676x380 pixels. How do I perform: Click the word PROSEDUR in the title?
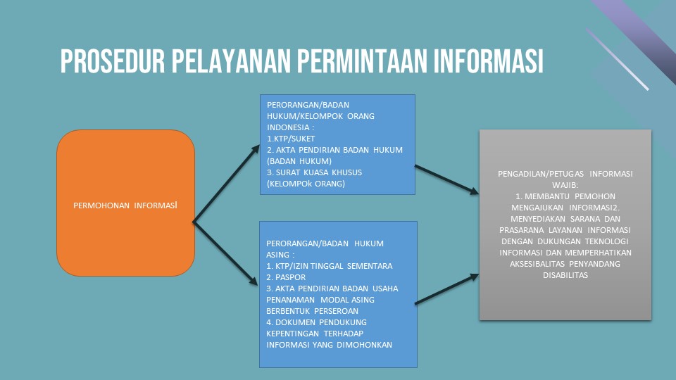click(x=113, y=61)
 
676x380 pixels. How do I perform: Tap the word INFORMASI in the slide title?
click(x=488, y=61)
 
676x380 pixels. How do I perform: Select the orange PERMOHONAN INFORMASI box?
click(x=125, y=203)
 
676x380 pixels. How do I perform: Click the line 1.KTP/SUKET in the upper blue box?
click(x=291, y=139)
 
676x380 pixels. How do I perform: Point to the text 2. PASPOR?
click(x=286, y=277)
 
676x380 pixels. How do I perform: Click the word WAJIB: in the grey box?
click(x=565, y=185)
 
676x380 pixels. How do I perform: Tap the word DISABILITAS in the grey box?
click(x=565, y=275)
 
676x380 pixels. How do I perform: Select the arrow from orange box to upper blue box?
click(x=226, y=184)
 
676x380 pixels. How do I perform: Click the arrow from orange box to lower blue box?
click(x=225, y=253)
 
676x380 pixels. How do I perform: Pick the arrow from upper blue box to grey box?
click(x=446, y=179)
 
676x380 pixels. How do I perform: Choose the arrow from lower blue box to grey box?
click(x=446, y=289)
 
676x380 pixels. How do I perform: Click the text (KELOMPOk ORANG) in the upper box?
click(x=306, y=184)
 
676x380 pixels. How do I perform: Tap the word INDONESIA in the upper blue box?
click(x=287, y=127)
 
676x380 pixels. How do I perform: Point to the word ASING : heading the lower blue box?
click(x=280, y=255)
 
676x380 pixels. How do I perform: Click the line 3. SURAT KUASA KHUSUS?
click(x=314, y=172)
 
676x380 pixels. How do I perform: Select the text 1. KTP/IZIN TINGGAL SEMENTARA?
click(x=330, y=266)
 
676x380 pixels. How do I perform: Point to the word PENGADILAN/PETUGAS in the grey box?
click(x=541, y=174)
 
